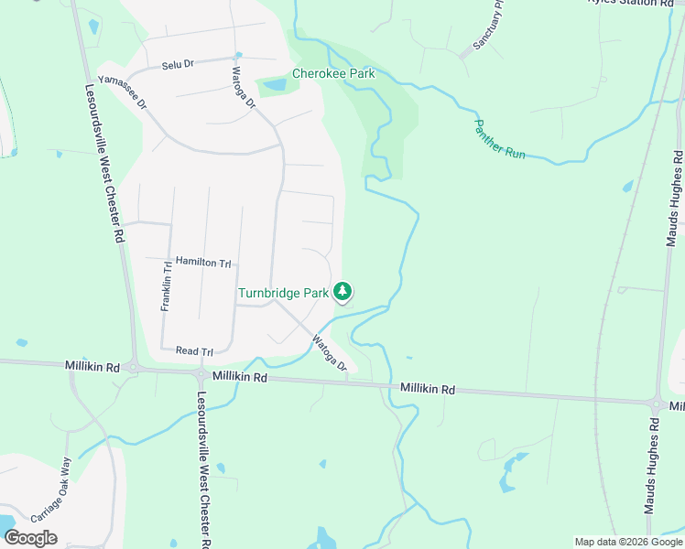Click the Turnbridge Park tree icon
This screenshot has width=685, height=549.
tap(342, 292)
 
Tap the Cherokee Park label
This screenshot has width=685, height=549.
tap(334, 73)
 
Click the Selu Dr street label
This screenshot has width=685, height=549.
tap(178, 65)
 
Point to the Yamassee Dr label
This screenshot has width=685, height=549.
tap(123, 92)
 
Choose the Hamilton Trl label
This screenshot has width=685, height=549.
tap(203, 263)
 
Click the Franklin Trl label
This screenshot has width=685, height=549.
tap(167, 285)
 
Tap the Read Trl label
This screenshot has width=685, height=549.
tap(193, 351)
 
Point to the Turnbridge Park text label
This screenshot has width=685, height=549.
tap(283, 293)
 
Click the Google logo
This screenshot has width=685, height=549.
tap(30, 537)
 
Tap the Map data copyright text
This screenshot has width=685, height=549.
tap(627, 542)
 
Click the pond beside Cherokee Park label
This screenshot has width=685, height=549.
tap(275, 85)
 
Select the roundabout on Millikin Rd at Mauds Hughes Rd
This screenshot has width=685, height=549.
tap(657, 404)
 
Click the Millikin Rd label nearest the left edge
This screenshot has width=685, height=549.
tap(92, 365)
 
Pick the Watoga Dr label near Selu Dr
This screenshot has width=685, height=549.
tap(244, 87)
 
